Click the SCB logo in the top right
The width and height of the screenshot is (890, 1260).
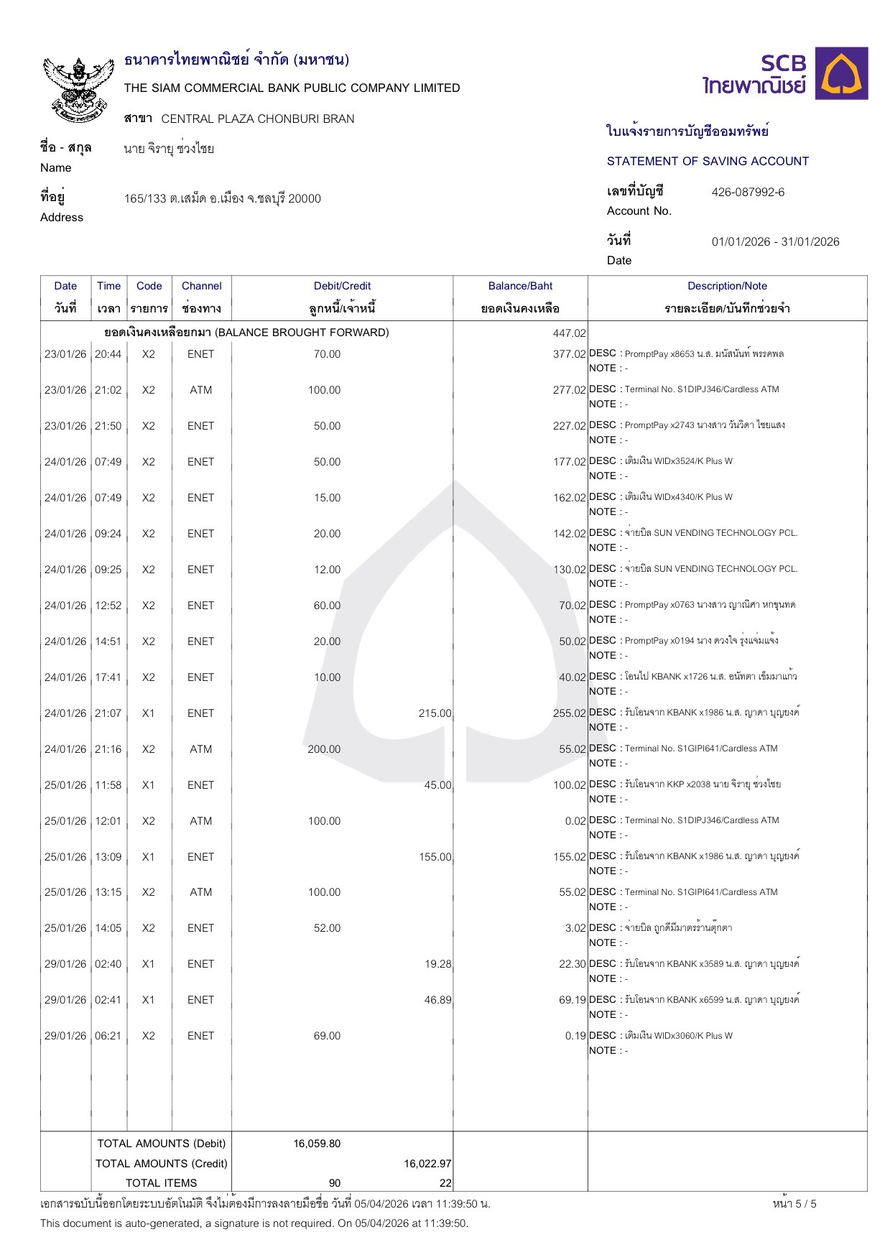tap(784, 74)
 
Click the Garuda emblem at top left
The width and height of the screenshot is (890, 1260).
tap(78, 88)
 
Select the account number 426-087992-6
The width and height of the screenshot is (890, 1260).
tap(748, 193)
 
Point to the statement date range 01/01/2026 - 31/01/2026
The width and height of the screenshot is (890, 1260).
tap(775, 242)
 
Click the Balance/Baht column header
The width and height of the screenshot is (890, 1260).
tap(520, 286)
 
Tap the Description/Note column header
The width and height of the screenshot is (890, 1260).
tap(727, 286)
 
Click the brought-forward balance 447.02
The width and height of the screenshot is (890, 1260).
tap(570, 333)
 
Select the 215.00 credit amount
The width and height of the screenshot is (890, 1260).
tap(435, 713)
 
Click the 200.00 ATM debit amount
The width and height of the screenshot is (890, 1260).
tap(324, 749)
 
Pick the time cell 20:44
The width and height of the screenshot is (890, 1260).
tap(108, 354)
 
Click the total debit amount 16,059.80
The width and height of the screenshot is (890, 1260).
tap(317, 1144)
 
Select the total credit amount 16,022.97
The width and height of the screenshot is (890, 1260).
tap(427, 1164)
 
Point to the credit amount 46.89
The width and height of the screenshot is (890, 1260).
tap(437, 1000)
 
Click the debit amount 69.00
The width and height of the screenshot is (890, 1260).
tap(327, 1036)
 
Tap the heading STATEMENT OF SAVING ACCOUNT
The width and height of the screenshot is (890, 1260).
tap(708, 162)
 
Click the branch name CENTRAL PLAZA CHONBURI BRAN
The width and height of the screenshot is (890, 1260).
tap(258, 119)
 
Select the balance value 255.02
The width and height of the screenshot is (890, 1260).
tap(570, 713)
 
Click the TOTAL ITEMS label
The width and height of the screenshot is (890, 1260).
tap(161, 1183)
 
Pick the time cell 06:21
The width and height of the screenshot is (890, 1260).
tap(108, 1036)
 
